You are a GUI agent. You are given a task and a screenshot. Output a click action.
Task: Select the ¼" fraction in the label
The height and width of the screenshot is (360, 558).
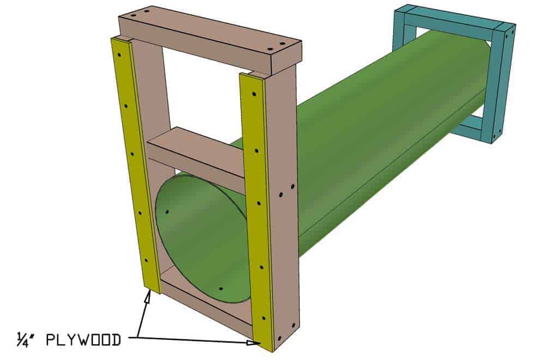pyautogui.click(x=25, y=340)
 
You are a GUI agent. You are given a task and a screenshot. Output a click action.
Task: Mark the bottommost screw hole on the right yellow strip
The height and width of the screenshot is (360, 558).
pyautogui.click(x=265, y=318)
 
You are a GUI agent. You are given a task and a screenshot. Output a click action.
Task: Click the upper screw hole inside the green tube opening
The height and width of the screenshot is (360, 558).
pyautogui.click(x=167, y=211)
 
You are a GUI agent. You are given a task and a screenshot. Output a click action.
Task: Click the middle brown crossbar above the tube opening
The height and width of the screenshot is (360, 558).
pyautogui.click(x=196, y=155)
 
